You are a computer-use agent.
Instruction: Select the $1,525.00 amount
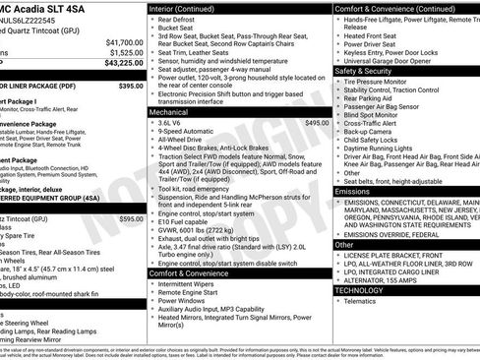click(x=126, y=53)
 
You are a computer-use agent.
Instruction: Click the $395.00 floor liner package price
click(x=131, y=87)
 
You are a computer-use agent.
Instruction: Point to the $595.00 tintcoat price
click(x=131, y=219)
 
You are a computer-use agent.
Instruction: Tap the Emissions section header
click(x=352, y=191)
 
